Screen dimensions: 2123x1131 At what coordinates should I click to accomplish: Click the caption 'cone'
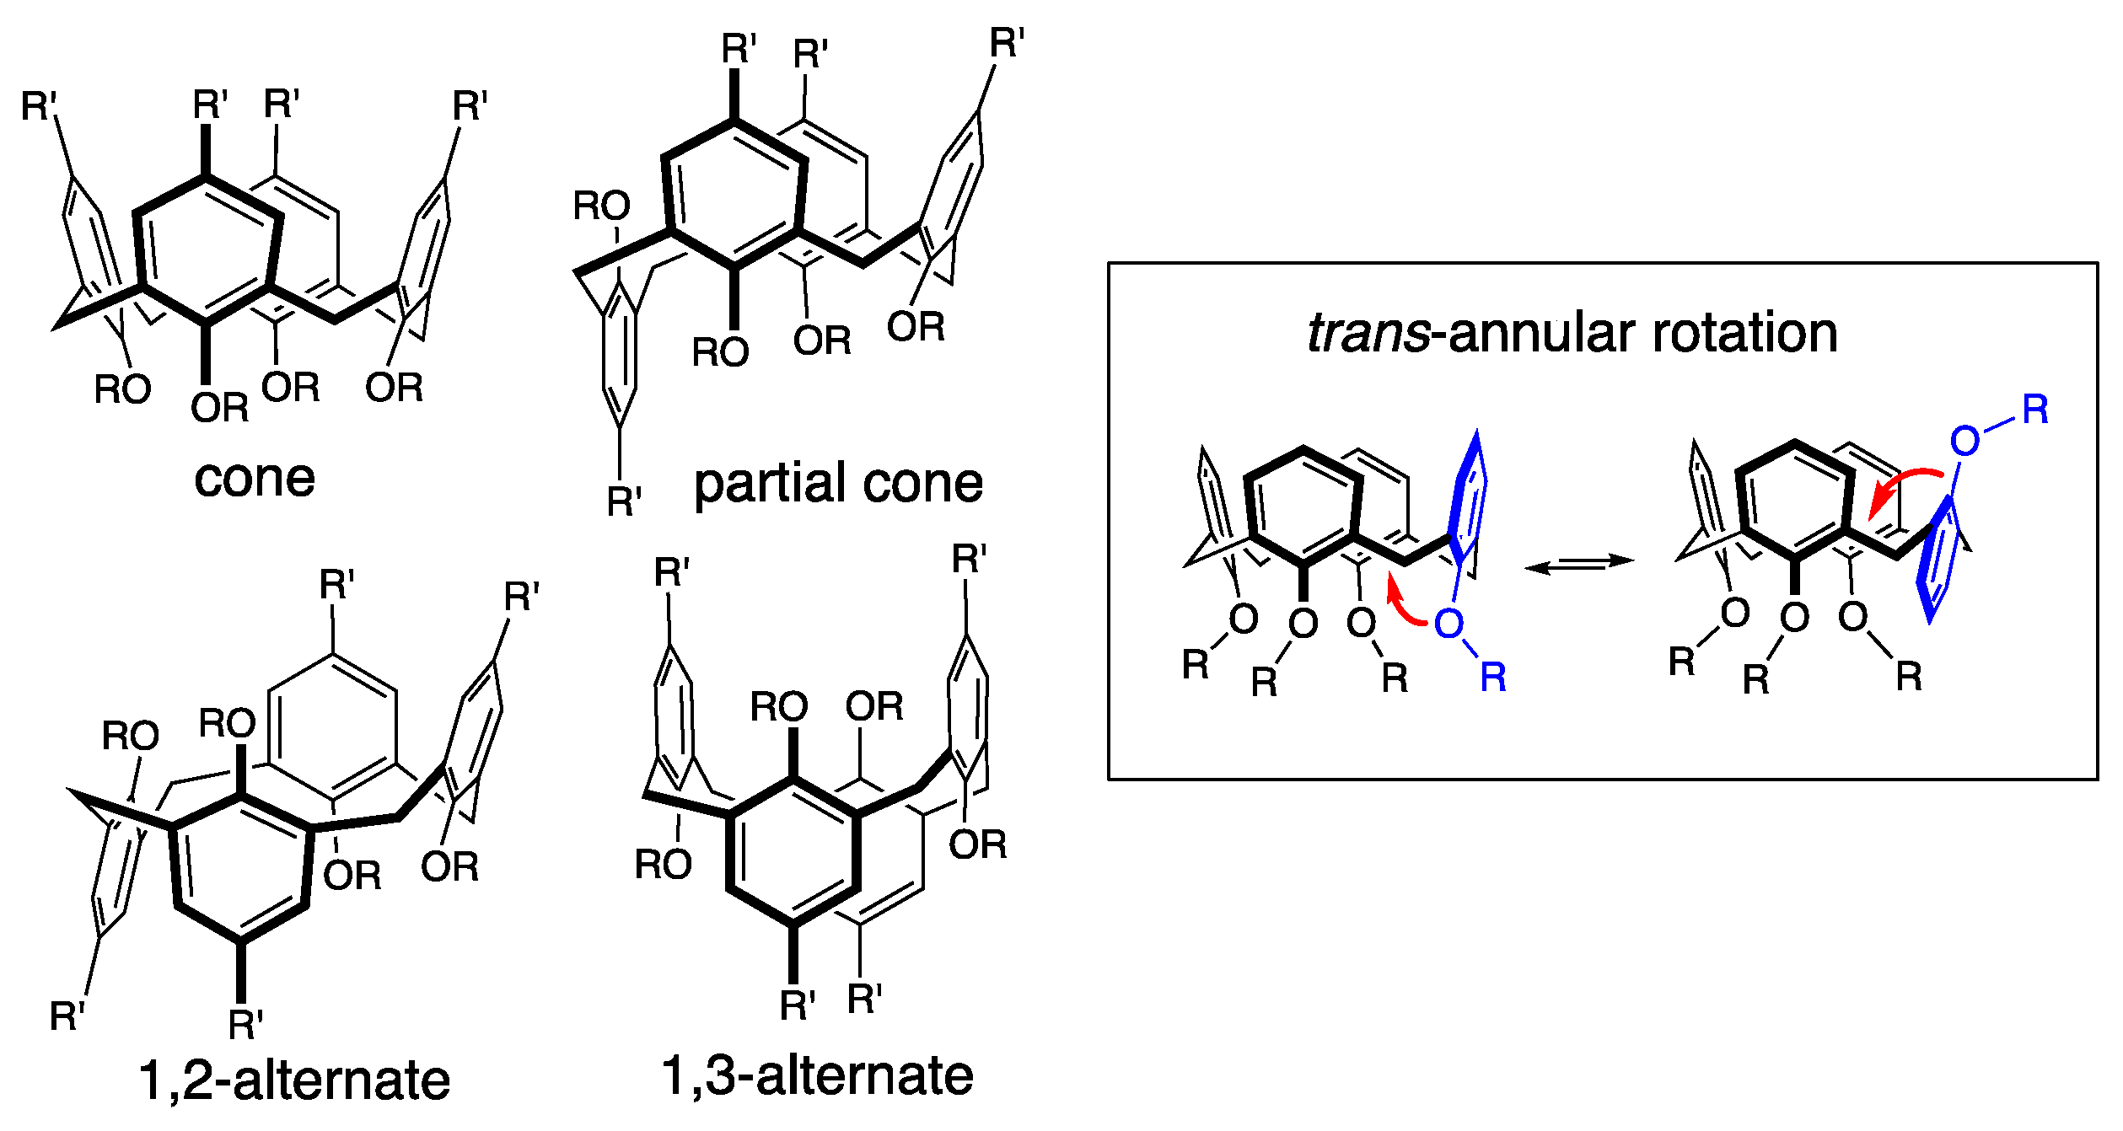[255, 479]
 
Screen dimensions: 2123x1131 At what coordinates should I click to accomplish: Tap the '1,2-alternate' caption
[294, 1080]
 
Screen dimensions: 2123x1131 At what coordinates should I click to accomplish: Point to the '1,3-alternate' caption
[817, 1075]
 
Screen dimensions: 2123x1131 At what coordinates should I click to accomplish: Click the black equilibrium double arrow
[1579, 563]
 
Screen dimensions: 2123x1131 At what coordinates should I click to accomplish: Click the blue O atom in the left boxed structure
[1448, 624]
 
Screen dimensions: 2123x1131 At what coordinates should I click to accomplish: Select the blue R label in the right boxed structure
[2034, 410]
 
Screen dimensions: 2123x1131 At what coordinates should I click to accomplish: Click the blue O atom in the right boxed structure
[1964, 440]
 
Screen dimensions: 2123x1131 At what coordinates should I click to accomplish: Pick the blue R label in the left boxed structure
[1493, 678]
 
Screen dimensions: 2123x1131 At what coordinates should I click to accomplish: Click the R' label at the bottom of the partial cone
[624, 502]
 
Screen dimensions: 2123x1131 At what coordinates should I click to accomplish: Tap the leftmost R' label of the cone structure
[39, 107]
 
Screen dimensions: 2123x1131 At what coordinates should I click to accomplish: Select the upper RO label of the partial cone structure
[601, 206]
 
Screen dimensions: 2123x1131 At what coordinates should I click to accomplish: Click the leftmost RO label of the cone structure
[122, 389]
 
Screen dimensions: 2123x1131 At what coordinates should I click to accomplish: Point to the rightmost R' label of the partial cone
[1007, 43]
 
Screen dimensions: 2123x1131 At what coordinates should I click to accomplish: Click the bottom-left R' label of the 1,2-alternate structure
[67, 1016]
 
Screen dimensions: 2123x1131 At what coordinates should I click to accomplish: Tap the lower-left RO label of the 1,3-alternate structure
[663, 865]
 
